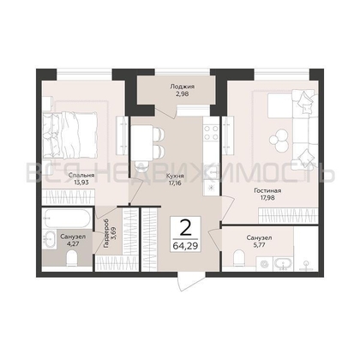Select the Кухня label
[175, 176]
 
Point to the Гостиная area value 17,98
[267, 197]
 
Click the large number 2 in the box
[185, 229]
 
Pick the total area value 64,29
[185, 245]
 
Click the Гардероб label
[106, 233]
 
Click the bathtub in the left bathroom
[67, 219]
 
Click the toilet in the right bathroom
[239, 258]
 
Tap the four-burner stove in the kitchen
[212, 132]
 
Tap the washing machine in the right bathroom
[264, 264]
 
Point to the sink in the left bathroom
[49, 238]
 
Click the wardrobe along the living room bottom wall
[288, 216]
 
